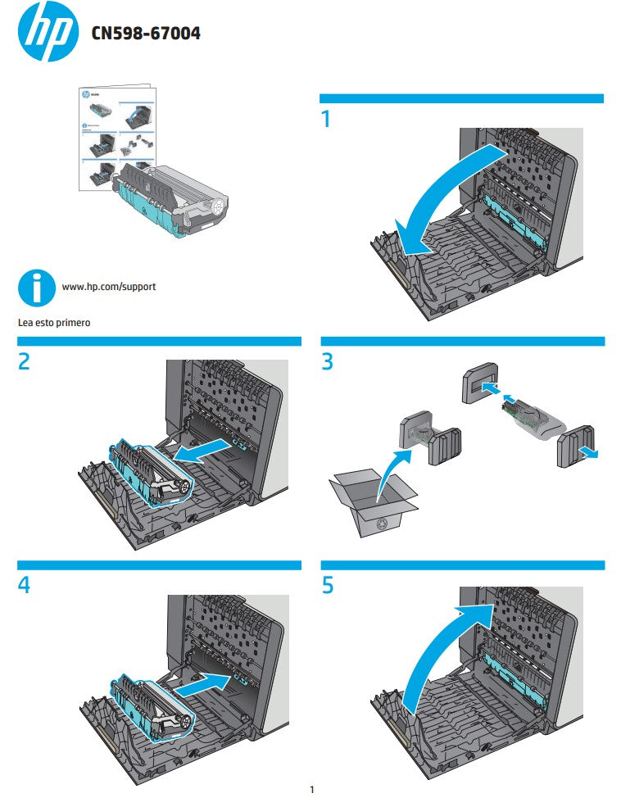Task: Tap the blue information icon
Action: tap(35, 288)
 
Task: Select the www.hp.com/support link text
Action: tap(109, 288)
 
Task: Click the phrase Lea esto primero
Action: tap(54, 323)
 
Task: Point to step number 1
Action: tap(327, 120)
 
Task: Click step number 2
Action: tap(25, 361)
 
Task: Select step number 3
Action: tap(328, 361)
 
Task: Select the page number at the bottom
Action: tap(311, 790)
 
